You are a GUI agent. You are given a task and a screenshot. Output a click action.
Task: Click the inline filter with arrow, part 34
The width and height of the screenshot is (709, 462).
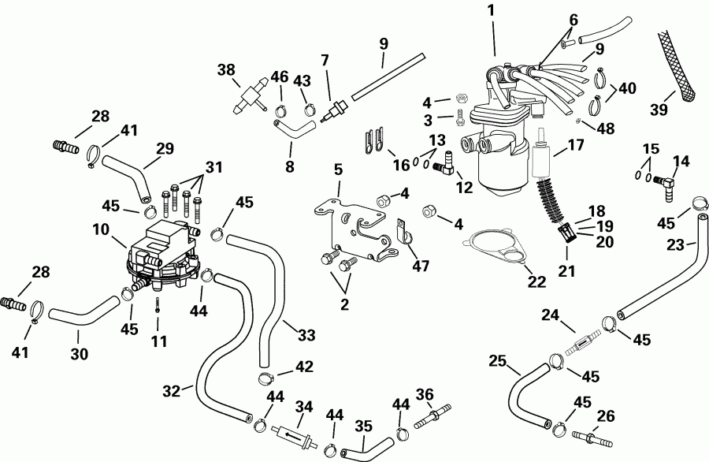point(288,434)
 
